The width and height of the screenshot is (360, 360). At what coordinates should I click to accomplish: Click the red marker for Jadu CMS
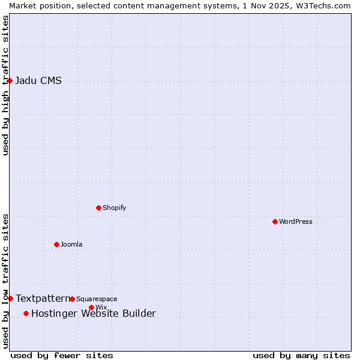coord(10,80)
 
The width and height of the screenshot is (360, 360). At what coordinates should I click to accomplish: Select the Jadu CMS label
coord(38,81)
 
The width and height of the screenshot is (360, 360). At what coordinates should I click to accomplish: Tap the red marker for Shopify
coord(98,208)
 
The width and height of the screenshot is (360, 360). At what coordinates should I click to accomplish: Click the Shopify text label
coord(114,208)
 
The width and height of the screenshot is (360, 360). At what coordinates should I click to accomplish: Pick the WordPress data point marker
coord(275,221)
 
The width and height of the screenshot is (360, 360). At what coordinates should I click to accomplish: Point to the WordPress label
coord(295,221)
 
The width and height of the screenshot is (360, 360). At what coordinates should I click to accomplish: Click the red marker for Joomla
coord(56,244)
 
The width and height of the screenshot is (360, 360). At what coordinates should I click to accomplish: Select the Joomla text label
coord(71,244)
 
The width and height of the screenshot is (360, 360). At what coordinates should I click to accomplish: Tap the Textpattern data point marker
coord(10,298)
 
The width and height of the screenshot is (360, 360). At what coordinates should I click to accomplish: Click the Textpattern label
coord(42,298)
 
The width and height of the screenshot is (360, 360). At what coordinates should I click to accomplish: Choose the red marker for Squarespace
coord(72,299)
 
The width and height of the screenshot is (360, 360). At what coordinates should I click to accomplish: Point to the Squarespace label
coord(97,299)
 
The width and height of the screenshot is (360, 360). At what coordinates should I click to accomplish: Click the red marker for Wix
coord(91,307)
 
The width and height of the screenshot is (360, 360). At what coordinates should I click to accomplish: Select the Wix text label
coord(101,307)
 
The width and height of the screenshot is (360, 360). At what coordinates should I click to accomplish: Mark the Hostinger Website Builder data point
coord(26,313)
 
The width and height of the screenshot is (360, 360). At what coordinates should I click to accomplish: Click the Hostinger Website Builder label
coord(93,313)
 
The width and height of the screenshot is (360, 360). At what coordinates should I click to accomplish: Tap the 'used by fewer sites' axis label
coord(62,355)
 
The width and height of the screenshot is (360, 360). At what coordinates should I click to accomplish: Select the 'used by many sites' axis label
coord(301,355)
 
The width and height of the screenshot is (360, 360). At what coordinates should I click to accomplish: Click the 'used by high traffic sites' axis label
coord(5,85)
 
